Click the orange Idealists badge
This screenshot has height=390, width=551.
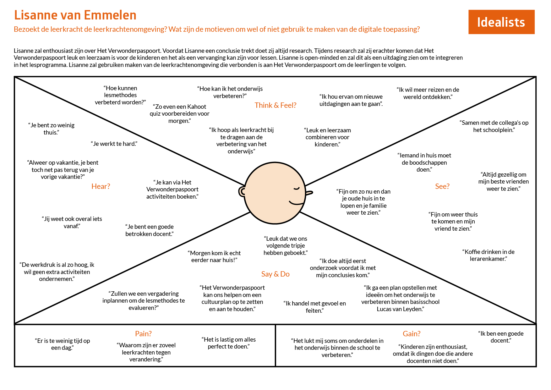[x=501, y=22]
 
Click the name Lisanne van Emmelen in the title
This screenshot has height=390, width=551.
[x=75, y=15]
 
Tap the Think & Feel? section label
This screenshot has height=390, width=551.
[x=275, y=105]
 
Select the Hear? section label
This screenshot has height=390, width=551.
[x=101, y=186]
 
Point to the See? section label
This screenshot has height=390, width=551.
[x=442, y=186]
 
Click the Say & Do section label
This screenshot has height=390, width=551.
[x=275, y=274]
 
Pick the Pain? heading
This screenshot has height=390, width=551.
[x=143, y=334]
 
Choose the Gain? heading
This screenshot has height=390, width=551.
[x=412, y=334]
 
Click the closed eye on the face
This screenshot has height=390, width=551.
[x=297, y=189]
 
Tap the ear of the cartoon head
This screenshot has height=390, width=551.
[x=242, y=191]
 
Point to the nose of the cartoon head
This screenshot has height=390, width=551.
[x=309, y=193]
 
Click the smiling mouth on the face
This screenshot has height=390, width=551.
[x=296, y=203]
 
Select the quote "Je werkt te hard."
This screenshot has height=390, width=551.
[x=114, y=144]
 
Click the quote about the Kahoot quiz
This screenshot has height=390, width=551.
[x=179, y=114]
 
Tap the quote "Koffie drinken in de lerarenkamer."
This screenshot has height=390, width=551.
[x=488, y=255]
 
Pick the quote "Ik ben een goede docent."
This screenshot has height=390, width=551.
[x=501, y=337]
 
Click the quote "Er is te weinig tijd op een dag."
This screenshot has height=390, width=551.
[x=62, y=344]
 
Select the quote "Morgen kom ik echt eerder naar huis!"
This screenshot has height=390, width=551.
[x=214, y=256]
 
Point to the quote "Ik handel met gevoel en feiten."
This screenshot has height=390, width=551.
[x=314, y=307]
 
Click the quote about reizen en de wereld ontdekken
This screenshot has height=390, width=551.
[x=428, y=93]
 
